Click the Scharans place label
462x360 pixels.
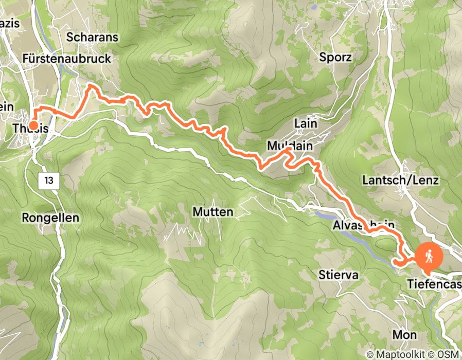tap(92, 38)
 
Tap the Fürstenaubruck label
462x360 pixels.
tap(66, 59)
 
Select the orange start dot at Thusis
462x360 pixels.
tap(33, 125)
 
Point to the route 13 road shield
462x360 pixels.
tap(49, 181)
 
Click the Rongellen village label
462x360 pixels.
tap(50, 218)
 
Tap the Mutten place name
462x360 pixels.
tap(212, 211)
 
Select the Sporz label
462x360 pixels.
tap(335, 57)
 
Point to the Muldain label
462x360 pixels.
tap(290, 146)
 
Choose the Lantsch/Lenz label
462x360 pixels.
tap(400, 180)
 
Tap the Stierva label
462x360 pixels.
tap(338, 275)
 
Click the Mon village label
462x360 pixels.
tap(404, 334)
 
